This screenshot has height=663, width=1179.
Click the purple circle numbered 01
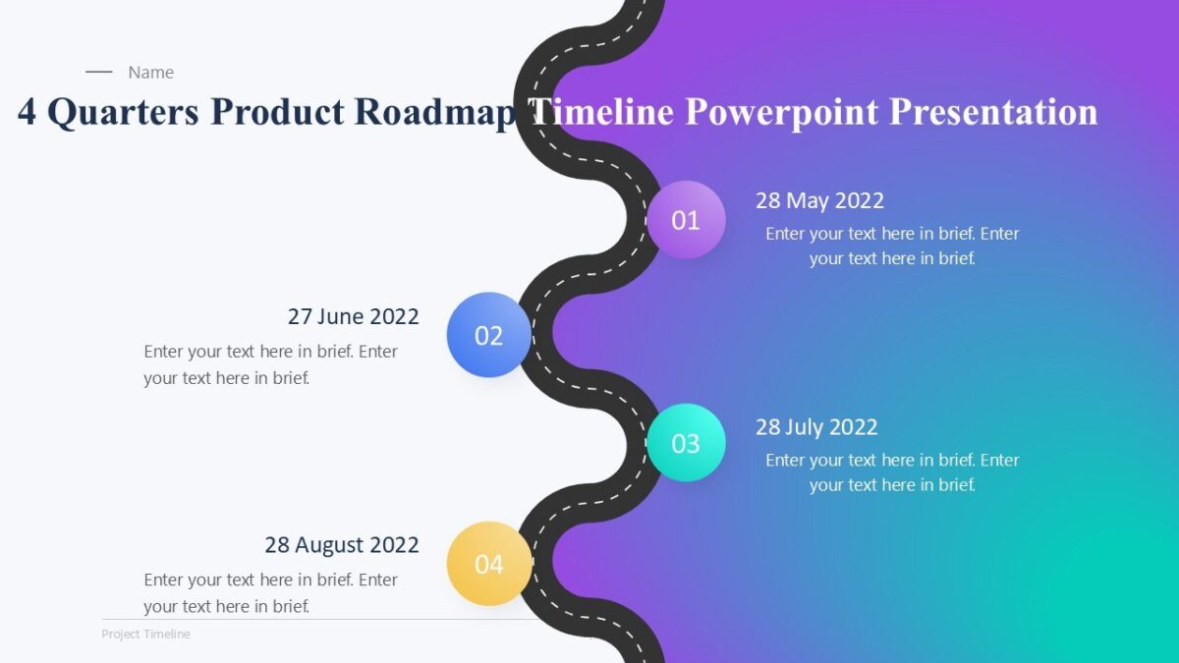tap(686, 220)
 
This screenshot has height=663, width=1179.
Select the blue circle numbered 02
tap(488, 335)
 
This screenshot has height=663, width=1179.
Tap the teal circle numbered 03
tap(686, 443)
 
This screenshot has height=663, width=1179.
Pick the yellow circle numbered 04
tap(488, 564)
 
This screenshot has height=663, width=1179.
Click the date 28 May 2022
tap(819, 200)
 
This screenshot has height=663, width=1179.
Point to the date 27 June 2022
tap(353, 316)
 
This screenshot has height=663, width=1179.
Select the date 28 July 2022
tap(815, 427)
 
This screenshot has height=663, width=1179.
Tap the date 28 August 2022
tap(341, 544)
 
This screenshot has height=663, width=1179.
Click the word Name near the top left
tap(150, 73)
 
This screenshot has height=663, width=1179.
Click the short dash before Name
tap(99, 72)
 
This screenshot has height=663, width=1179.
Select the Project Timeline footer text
tap(145, 635)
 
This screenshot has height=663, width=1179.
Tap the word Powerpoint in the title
tap(782, 112)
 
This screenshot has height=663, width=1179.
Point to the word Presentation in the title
tap(993, 112)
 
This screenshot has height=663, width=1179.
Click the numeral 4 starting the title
tap(27, 113)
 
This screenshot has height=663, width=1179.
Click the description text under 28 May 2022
tap(892, 246)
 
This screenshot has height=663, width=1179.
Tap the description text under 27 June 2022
tap(270, 364)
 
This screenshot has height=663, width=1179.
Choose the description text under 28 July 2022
tap(892, 472)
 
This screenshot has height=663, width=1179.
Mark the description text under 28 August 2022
tap(270, 592)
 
